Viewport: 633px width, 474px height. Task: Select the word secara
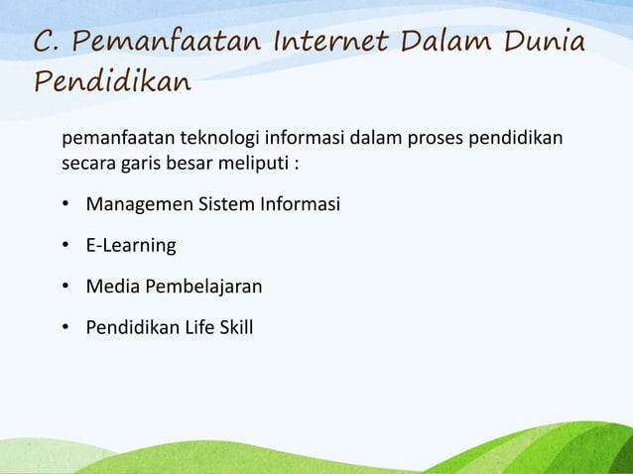[87, 163]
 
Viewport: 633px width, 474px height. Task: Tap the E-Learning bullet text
[130, 246]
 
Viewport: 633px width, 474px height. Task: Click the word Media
[111, 287]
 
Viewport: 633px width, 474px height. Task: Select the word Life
[193, 327]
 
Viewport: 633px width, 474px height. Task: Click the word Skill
[234, 327]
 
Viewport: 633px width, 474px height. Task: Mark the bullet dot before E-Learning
[65, 246]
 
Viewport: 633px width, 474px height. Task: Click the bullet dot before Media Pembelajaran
[65, 287]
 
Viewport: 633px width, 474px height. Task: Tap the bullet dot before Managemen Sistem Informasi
[65, 205]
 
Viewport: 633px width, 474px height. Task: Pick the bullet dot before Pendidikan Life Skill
[65, 327]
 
